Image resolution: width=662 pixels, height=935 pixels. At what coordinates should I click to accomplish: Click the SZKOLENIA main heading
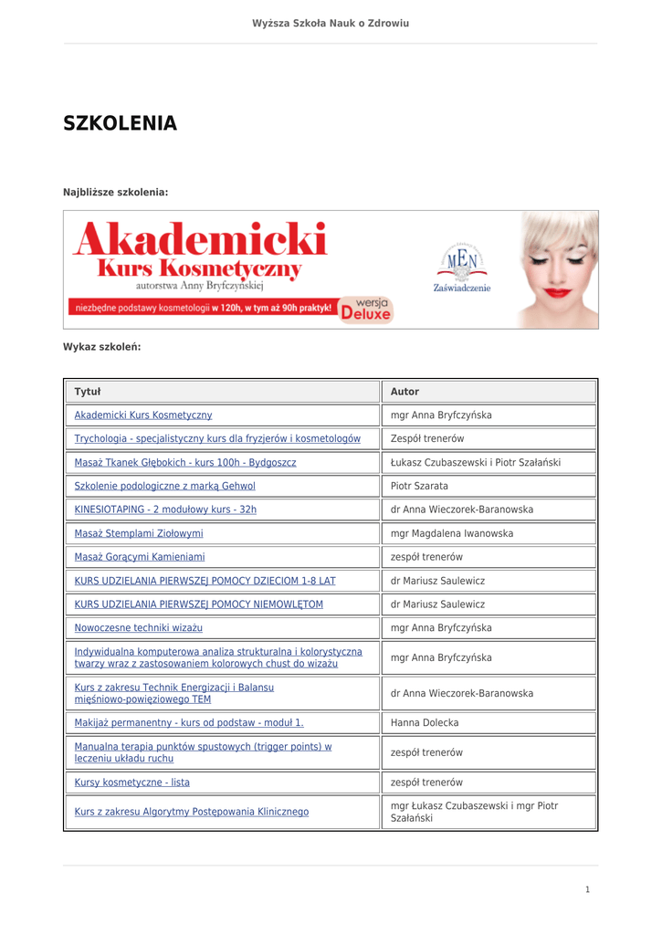120,124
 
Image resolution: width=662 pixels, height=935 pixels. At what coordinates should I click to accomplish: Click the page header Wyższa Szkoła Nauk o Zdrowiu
331,22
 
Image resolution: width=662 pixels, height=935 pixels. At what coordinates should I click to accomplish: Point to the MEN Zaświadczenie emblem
462,268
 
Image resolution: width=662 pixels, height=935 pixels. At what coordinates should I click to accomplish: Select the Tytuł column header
88,392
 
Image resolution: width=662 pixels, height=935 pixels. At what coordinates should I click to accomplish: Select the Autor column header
405,392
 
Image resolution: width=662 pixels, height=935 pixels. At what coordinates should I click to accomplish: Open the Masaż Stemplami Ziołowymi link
139,533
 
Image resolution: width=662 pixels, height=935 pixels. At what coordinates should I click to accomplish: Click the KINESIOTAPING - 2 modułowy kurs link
165,510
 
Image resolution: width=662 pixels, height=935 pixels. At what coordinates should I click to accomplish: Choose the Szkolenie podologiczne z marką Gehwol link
164,486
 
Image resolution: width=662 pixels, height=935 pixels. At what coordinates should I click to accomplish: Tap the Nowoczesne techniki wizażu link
138,628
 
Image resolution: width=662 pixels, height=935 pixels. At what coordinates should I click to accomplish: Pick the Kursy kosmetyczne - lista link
131,783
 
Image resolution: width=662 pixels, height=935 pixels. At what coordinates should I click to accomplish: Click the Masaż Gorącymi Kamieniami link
140,557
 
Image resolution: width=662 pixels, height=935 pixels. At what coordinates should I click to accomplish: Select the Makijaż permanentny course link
189,723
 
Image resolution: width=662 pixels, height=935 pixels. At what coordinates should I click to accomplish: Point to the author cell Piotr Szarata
419,486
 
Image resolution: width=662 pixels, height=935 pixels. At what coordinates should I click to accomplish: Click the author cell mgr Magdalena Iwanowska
452,533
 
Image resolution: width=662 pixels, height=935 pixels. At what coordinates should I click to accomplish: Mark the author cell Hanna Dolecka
425,723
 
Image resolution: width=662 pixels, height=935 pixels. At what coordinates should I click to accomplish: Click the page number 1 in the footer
587,889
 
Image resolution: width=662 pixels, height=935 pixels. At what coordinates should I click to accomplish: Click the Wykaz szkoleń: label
101,347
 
